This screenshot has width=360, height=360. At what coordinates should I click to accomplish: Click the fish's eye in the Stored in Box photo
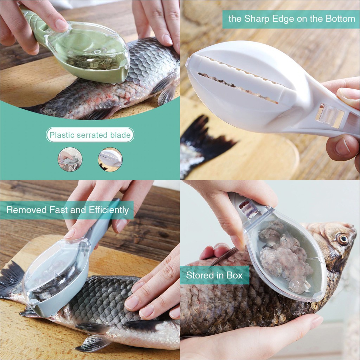pos(343,239)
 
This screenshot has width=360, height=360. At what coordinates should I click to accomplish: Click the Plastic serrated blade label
pos(90,135)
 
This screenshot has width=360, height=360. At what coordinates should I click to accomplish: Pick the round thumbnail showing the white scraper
pos(110,159)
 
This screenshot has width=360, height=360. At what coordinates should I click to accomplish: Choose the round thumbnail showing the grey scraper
pos(70,159)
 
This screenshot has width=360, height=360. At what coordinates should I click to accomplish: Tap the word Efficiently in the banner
pos(109,210)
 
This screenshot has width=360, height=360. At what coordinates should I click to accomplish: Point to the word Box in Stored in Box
pos(234,275)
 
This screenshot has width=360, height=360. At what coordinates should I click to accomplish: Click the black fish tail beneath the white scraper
pos(204,140)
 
